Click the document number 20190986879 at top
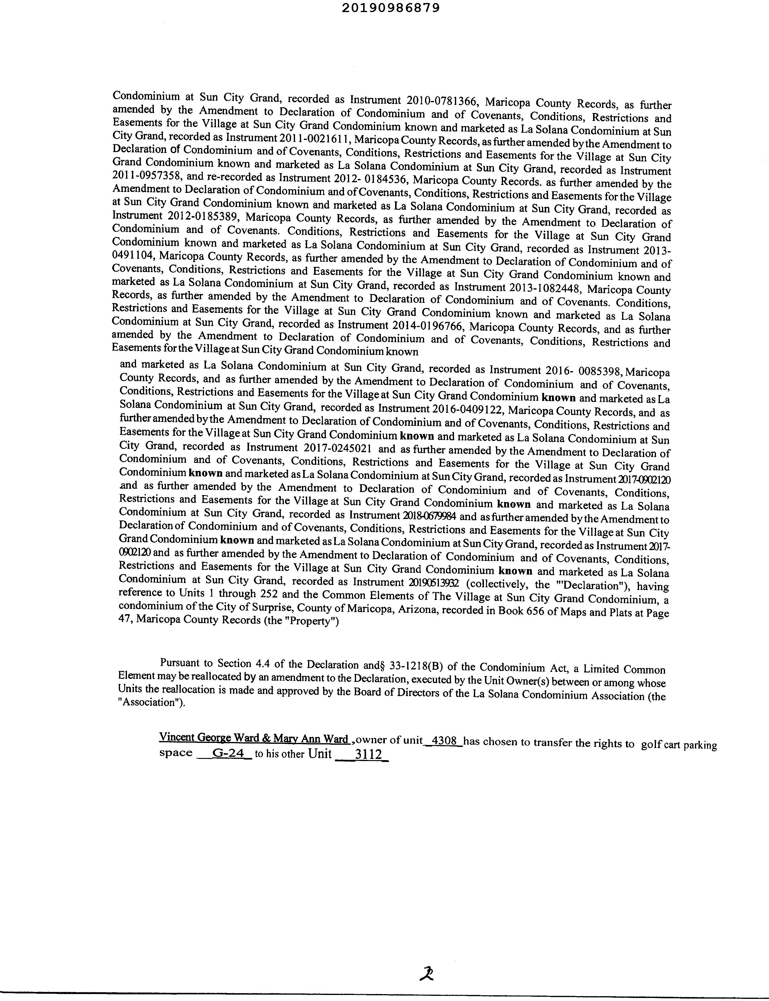coord(391,8)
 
